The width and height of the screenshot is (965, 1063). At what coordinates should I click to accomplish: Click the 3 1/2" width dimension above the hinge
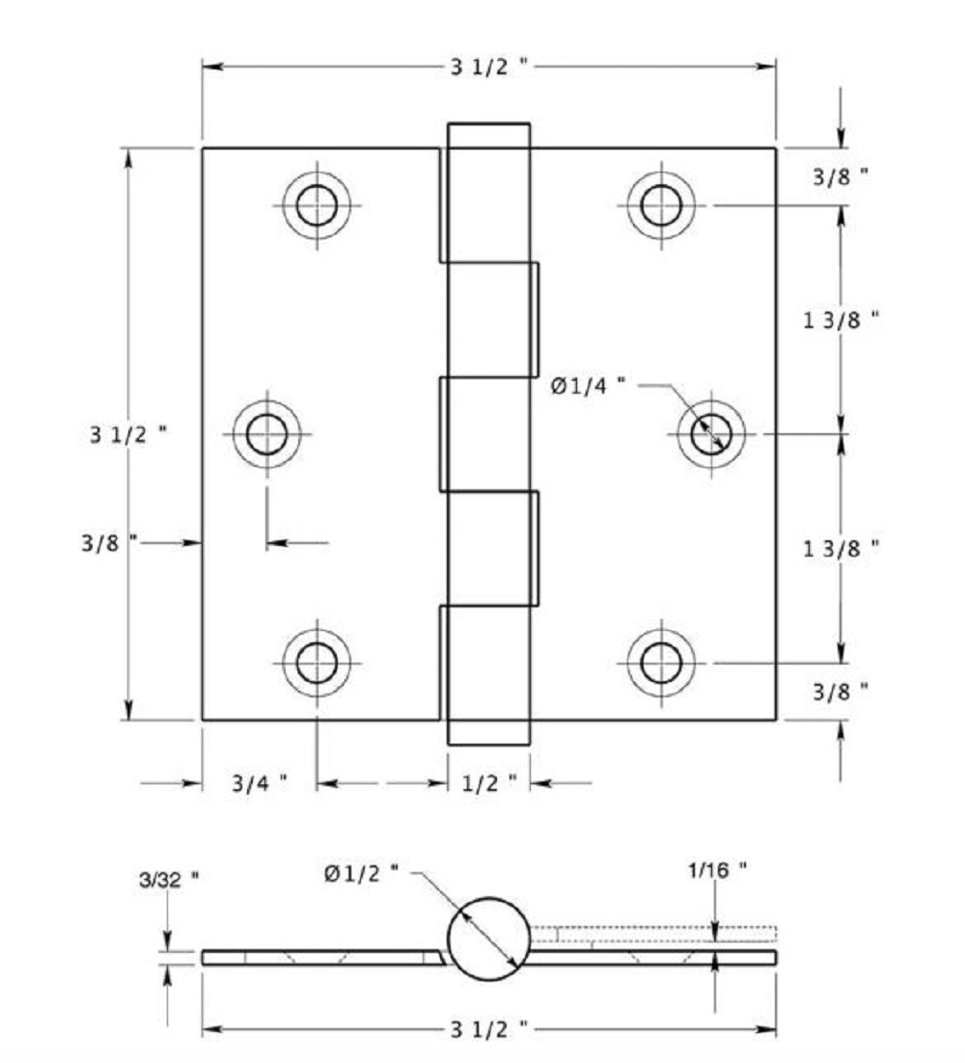489,67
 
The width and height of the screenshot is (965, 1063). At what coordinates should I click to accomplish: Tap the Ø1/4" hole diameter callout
587,385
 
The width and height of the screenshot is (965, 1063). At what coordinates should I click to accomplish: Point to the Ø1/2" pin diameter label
361,873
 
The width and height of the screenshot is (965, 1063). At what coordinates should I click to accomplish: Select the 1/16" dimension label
717,870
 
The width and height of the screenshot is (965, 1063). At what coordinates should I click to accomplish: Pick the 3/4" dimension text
259,783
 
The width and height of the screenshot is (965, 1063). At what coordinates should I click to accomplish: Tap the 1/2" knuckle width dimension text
489,783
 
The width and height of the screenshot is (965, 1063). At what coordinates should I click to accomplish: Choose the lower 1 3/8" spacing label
841,548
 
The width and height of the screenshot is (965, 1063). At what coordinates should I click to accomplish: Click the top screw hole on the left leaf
317,205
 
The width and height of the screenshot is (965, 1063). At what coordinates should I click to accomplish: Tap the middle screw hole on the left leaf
266,434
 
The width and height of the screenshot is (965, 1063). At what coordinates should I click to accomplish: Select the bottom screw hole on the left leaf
317,663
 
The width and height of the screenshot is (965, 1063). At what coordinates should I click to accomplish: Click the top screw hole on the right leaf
661,205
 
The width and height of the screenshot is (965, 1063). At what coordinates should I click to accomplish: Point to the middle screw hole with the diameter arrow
711,433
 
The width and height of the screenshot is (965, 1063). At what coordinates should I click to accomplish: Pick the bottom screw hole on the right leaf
661,663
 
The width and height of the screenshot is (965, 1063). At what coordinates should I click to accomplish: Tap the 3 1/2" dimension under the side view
489,1030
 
